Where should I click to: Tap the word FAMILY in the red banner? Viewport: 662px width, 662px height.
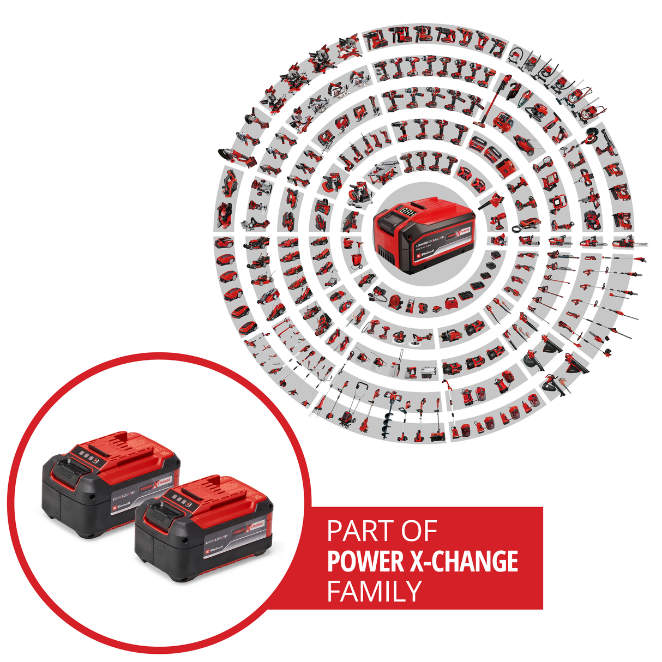pyautogui.click(x=375, y=591)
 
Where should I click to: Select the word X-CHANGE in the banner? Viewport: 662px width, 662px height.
pyautogui.click(x=464, y=562)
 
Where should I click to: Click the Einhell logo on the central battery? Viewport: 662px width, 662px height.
pyautogui.click(x=426, y=254)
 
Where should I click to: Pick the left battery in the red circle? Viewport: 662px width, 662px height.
pyautogui.click(x=109, y=483)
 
